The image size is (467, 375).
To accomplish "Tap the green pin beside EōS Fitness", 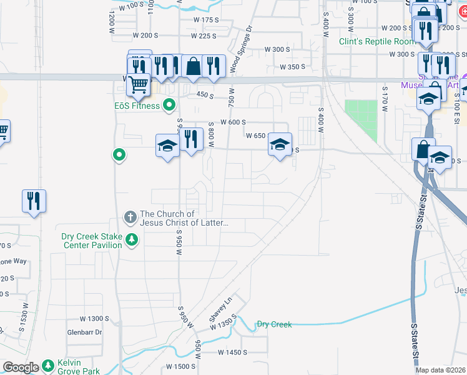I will coord(169,105).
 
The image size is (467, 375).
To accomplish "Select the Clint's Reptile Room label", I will coord(377,41).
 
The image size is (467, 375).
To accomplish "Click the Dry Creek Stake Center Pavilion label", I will coord(91,241).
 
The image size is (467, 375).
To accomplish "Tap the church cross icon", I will coord(130,217).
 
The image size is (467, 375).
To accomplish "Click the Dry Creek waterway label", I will coord(274,324).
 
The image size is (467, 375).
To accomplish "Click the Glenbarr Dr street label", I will coord(84,332).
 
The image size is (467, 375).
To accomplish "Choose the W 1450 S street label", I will coord(234,352).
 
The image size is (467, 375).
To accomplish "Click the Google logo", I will coord(21,367).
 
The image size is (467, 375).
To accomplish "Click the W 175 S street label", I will coord(206,20).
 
